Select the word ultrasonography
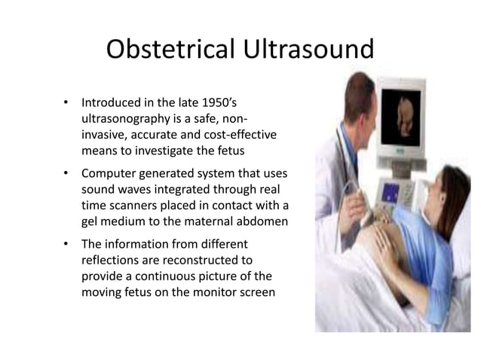[x=129, y=118]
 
